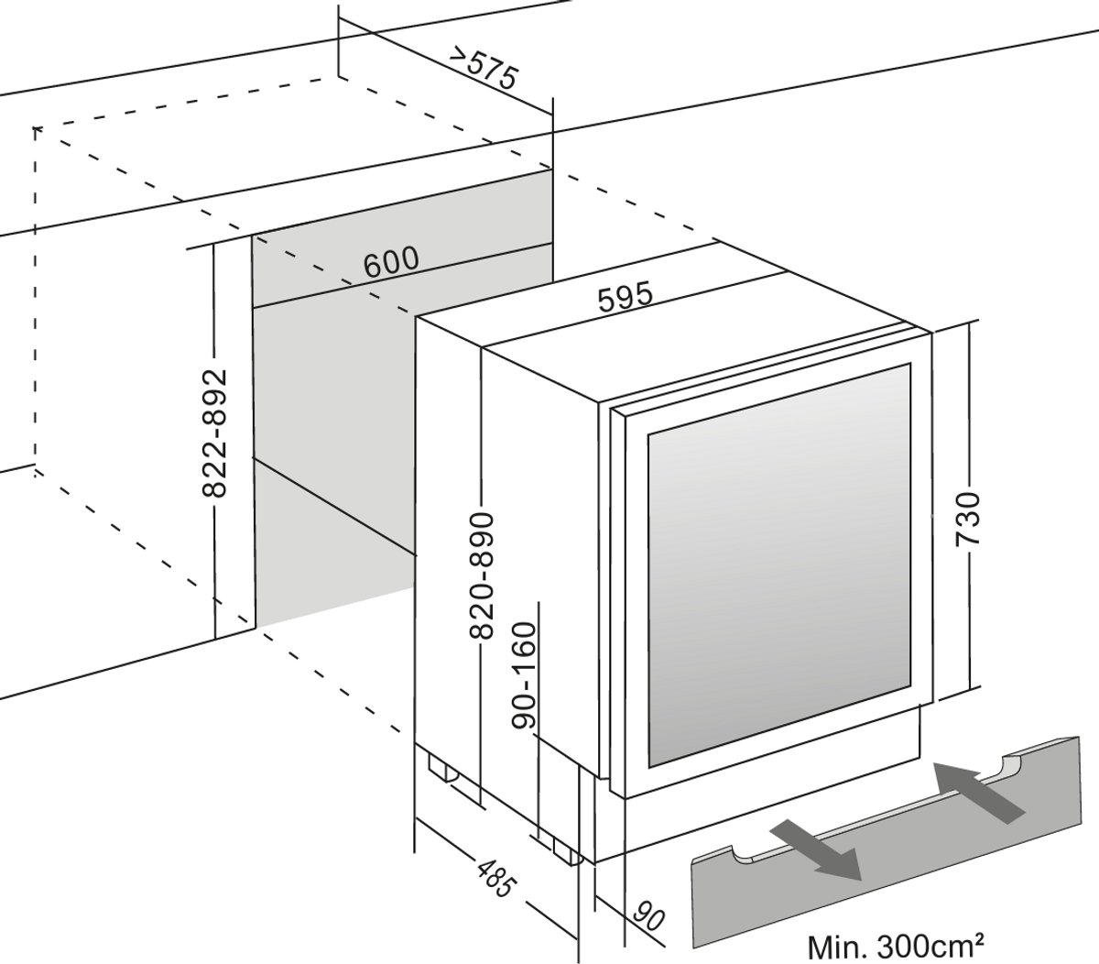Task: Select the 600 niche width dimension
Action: click(391, 262)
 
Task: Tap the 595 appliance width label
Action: click(626, 298)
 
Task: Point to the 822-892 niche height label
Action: click(213, 433)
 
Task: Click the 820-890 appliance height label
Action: click(481, 575)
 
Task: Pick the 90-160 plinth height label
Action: click(524, 674)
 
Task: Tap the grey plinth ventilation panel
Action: click(886, 841)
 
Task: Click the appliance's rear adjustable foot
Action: click(441, 768)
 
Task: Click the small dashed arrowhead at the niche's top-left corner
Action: click(37, 130)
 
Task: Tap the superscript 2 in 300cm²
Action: click(978, 938)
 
